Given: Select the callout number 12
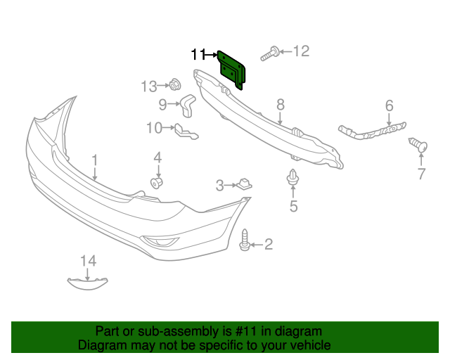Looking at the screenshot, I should [x=301, y=51].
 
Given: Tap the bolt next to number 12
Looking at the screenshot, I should [x=271, y=52].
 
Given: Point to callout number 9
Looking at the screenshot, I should [x=162, y=105].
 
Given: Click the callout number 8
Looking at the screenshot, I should [x=280, y=105].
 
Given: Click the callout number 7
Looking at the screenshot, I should [x=421, y=174].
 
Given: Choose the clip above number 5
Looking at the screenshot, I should [x=292, y=179].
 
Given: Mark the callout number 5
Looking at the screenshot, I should [x=293, y=206].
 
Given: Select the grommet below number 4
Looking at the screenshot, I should [x=158, y=183].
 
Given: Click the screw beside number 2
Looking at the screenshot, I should [x=245, y=240].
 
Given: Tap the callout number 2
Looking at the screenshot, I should [x=268, y=245].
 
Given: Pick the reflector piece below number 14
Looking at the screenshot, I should [x=89, y=283].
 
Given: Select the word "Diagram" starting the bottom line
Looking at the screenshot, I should [x=103, y=345].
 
